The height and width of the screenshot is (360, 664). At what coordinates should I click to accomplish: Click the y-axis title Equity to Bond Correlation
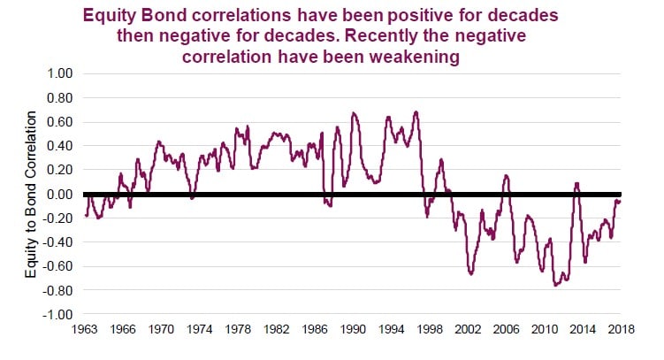tap(32, 194)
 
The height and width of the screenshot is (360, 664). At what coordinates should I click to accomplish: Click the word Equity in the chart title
tap(107, 16)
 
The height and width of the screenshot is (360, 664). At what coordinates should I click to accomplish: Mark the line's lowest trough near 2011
tap(556, 285)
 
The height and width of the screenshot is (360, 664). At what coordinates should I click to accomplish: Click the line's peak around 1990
tap(354, 113)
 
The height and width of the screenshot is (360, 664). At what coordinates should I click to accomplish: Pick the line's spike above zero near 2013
tap(576, 184)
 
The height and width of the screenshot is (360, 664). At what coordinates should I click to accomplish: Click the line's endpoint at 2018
tap(620, 202)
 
